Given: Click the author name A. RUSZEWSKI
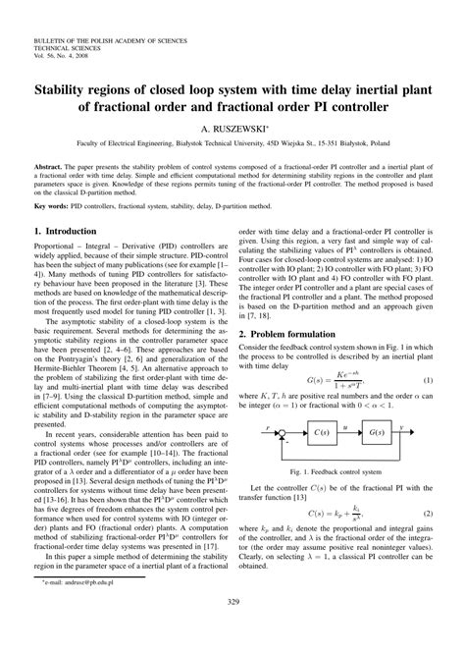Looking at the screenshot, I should pos(232,128).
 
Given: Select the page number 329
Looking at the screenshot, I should pos(232,630).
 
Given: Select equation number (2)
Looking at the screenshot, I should pos(429,513).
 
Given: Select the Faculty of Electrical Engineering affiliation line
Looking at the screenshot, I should pos(232,143).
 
